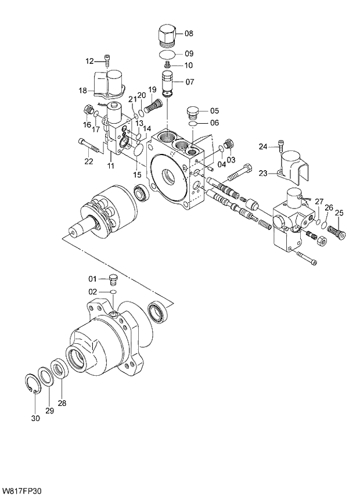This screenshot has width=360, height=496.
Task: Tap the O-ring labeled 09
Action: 168,54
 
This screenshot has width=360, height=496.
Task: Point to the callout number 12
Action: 89,61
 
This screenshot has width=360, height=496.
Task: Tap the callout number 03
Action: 231,160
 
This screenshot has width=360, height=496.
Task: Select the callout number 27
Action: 319,202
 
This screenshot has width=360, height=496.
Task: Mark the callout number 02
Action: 92,292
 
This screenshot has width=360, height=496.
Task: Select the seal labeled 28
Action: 59,369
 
